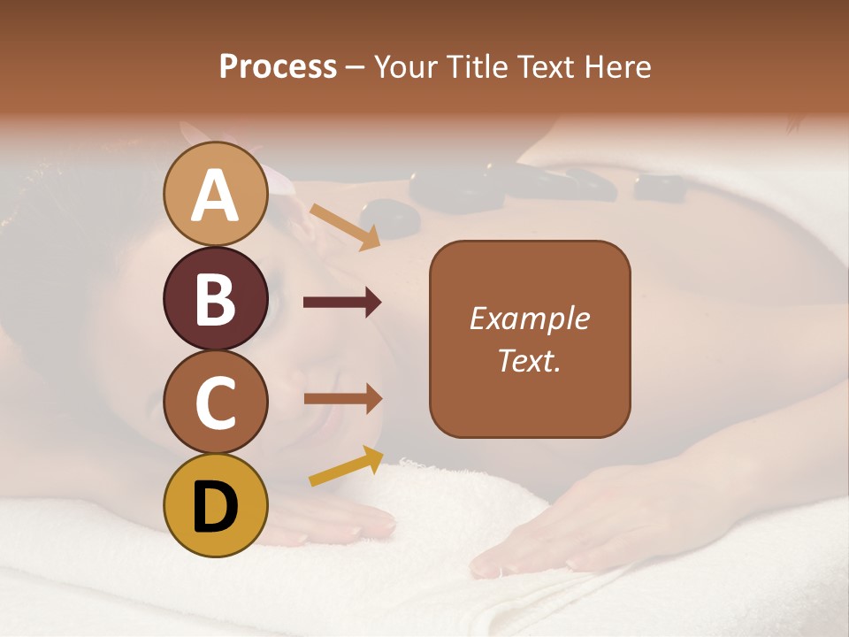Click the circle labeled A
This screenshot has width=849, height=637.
(x=216, y=194)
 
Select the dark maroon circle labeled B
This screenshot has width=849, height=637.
(x=216, y=298)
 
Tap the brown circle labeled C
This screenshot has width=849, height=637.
(x=216, y=402)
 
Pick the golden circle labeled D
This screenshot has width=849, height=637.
(x=216, y=505)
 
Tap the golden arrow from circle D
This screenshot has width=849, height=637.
(x=346, y=466)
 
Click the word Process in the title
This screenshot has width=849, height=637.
(x=278, y=66)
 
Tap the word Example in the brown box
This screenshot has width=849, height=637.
(x=529, y=318)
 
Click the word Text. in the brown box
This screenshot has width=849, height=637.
(x=529, y=360)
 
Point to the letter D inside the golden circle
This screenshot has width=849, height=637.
(x=216, y=506)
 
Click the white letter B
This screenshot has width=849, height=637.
(x=216, y=299)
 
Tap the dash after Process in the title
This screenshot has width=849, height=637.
(x=356, y=68)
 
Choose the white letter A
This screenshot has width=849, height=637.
(x=216, y=195)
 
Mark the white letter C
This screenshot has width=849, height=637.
(x=216, y=403)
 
